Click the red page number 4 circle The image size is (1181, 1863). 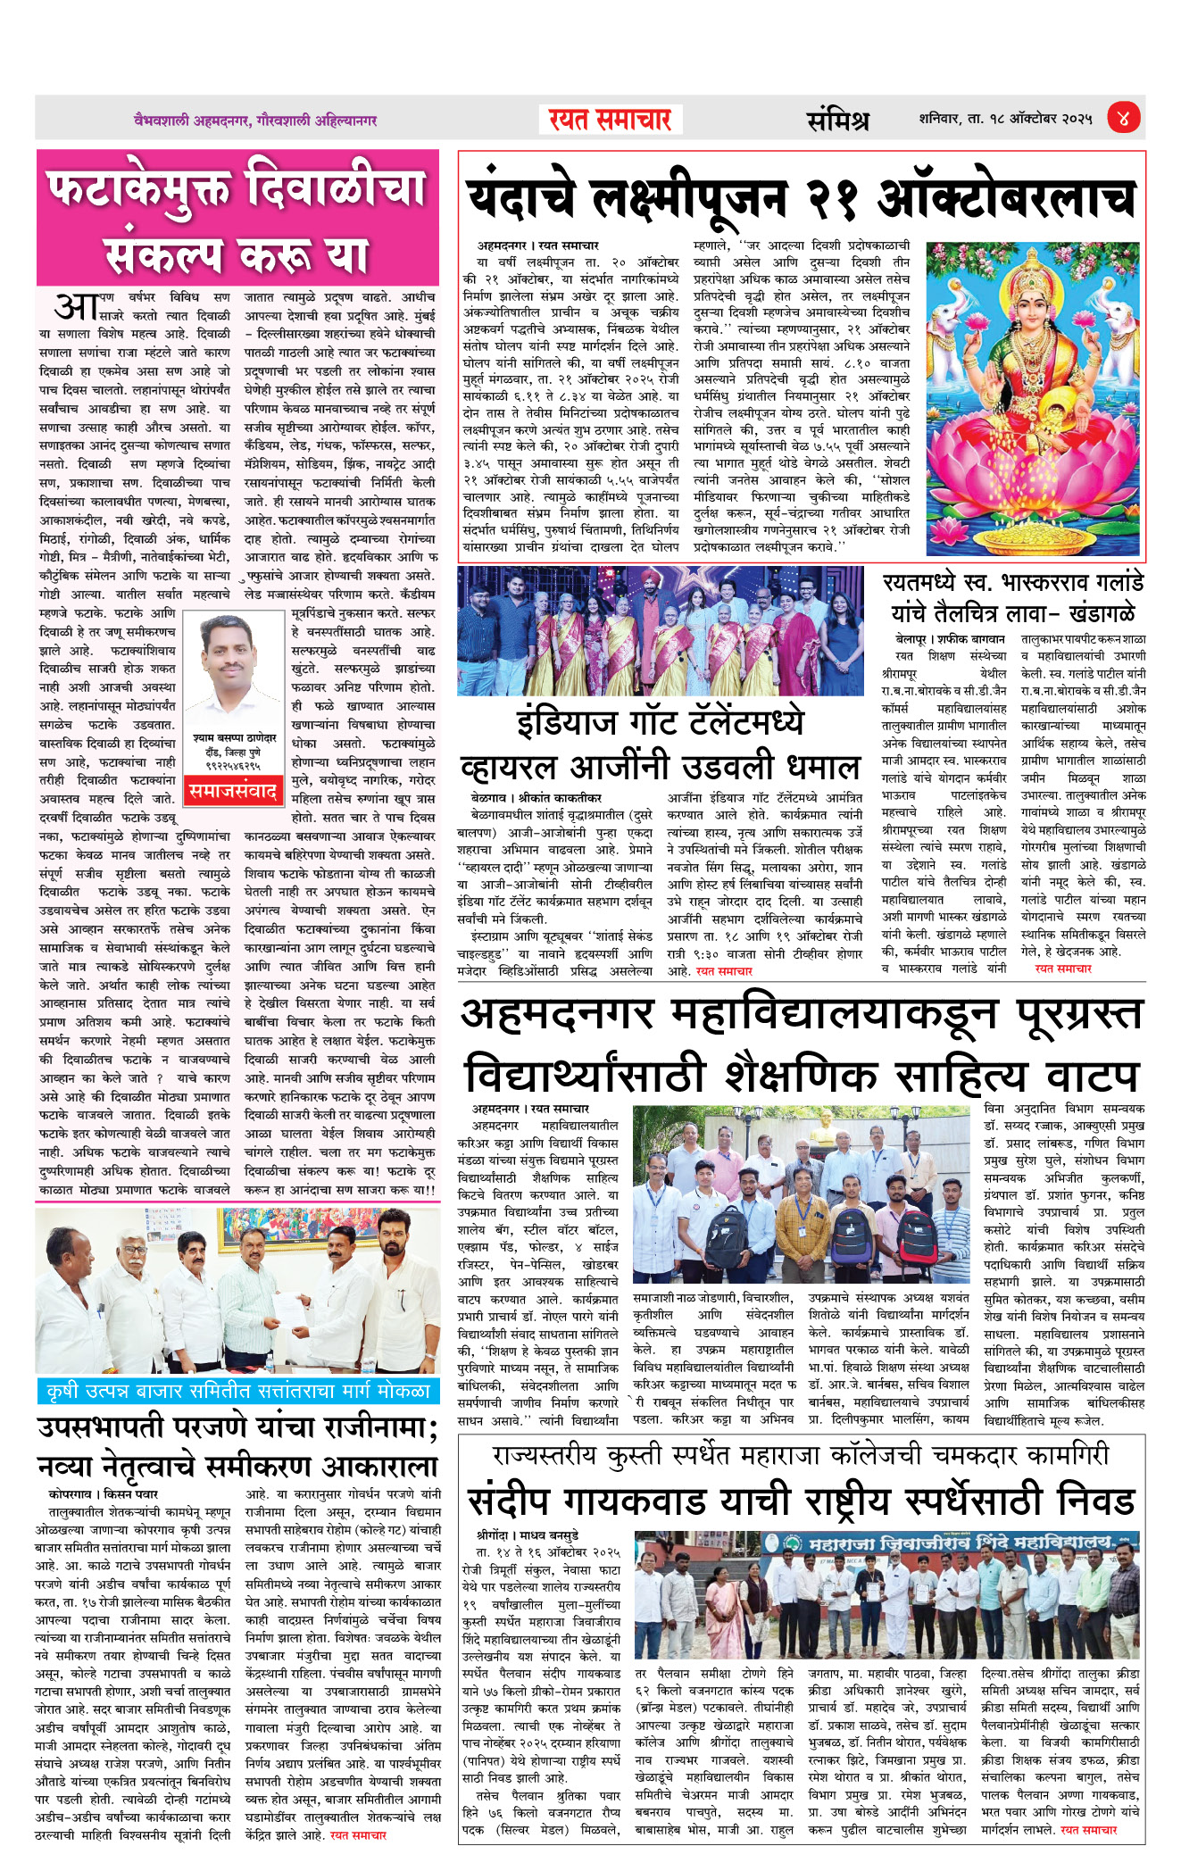1123,118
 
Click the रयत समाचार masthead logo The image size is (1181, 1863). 611,120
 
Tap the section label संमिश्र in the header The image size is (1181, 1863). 837,120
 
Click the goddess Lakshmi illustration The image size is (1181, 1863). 1034,397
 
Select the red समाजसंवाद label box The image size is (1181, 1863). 232,791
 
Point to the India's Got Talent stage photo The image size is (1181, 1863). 661,630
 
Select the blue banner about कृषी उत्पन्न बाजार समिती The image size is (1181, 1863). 238,1391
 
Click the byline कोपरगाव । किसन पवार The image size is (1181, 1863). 104,1493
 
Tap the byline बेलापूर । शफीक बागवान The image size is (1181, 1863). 950,639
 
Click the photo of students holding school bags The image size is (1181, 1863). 800,1195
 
